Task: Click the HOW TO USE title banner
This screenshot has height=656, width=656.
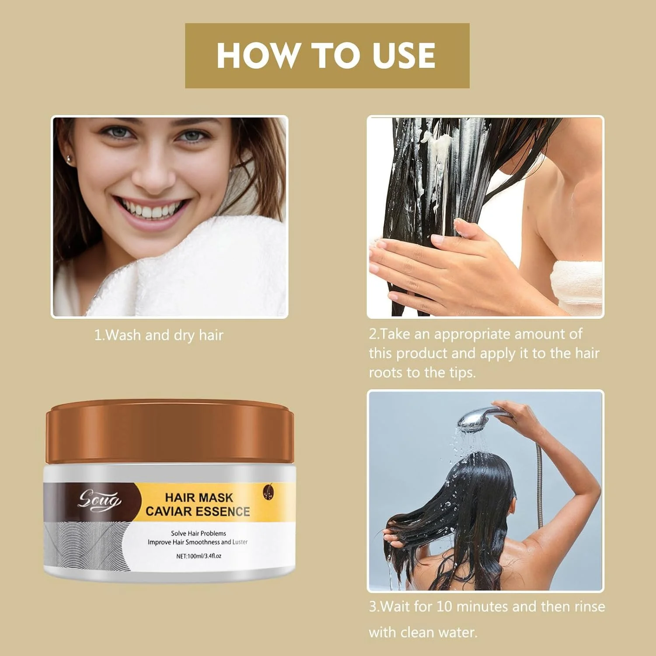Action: (x=327, y=56)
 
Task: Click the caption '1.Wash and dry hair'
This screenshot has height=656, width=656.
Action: (x=159, y=335)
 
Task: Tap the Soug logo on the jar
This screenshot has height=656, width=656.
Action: (x=99, y=500)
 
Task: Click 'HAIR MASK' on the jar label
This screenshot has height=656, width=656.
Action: (x=199, y=498)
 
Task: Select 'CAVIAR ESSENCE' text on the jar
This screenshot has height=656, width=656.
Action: (x=198, y=512)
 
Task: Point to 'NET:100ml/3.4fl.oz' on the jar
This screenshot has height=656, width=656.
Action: (x=199, y=556)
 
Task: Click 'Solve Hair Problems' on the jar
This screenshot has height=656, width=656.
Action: (x=199, y=534)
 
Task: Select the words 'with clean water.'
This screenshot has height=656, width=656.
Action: (x=423, y=632)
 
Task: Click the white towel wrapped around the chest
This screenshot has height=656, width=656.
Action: (x=576, y=286)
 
